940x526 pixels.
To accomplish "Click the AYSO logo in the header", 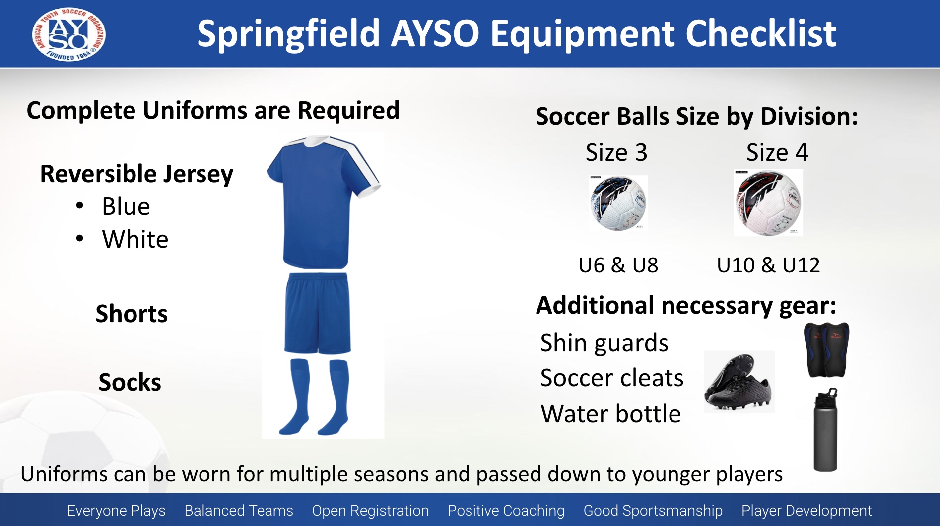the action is click(68, 34).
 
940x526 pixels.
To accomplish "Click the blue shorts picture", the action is click(318, 313).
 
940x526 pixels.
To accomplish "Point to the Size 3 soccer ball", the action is click(618, 203).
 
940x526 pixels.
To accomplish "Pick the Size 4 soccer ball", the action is click(768, 203).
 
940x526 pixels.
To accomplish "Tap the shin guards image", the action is click(826, 349).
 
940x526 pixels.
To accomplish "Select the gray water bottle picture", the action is click(825, 430).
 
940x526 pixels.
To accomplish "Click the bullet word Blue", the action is click(126, 206).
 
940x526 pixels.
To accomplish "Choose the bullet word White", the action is click(135, 239).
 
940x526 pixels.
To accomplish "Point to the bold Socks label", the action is click(130, 382).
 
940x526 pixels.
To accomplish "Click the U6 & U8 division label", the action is click(618, 265).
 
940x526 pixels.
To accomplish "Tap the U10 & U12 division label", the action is click(768, 265).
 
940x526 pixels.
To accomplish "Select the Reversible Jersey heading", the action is click(136, 174).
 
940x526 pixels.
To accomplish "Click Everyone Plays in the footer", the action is click(117, 510).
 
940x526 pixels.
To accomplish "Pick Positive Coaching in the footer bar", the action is click(506, 510).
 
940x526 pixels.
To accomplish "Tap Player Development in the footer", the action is click(806, 510).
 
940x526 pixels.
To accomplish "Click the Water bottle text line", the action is click(611, 414).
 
